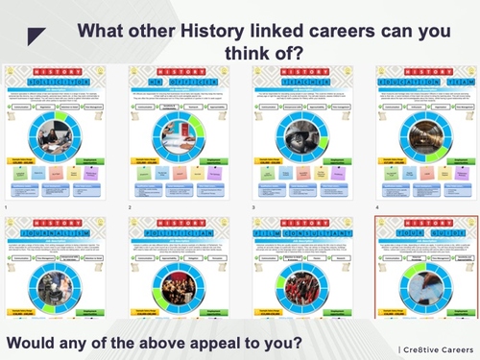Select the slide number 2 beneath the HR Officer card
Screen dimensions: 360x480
pos(130,207)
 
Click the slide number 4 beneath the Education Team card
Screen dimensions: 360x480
pos(377,207)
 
